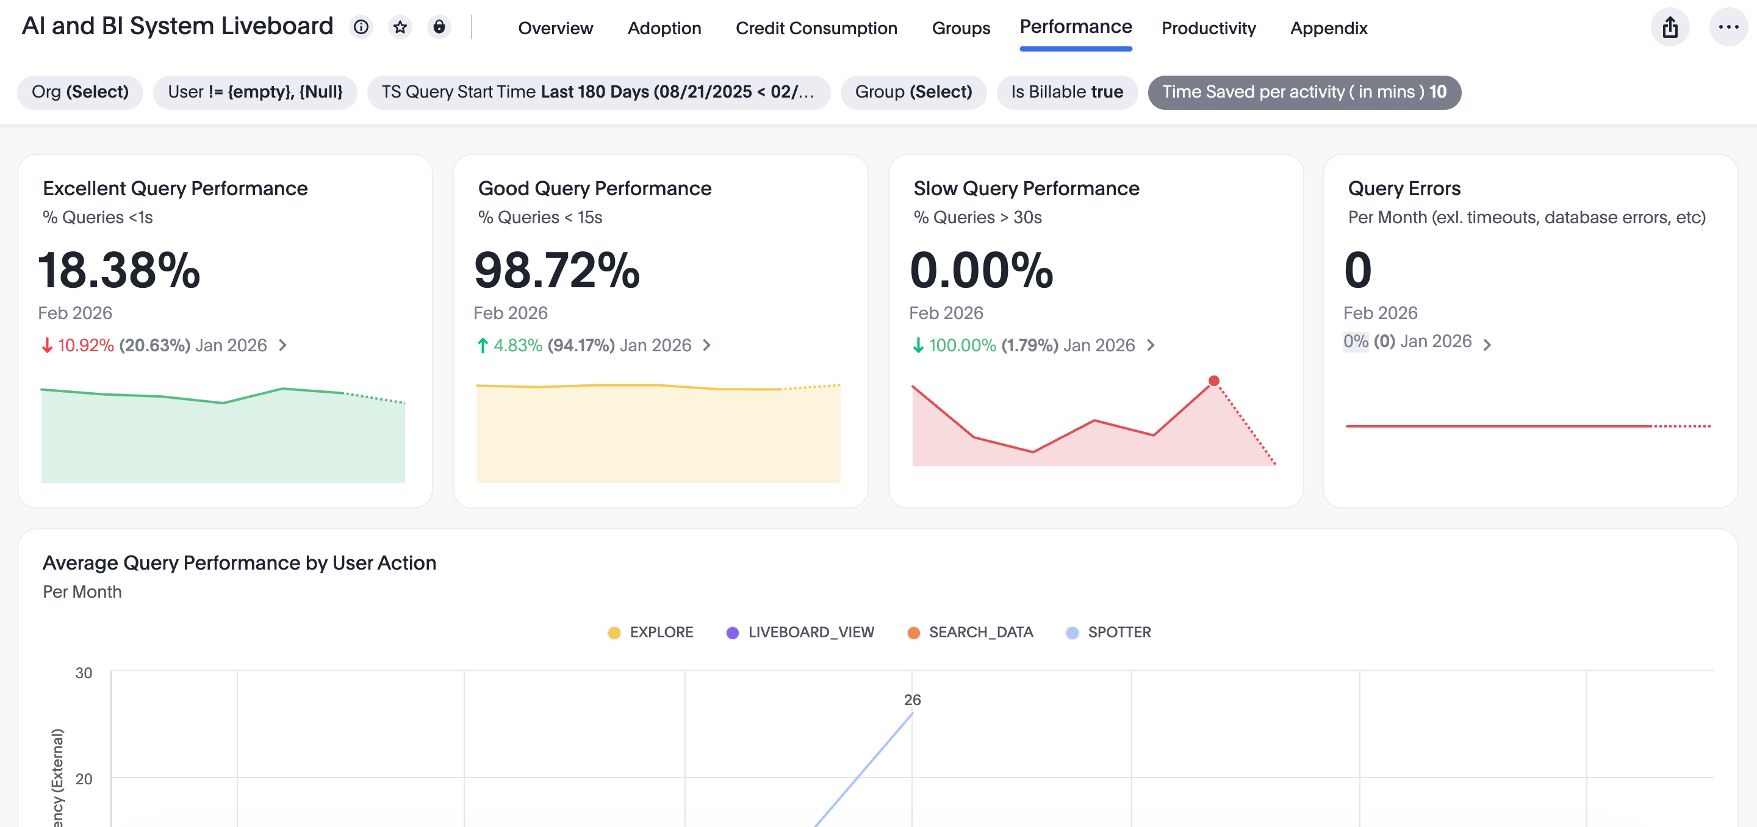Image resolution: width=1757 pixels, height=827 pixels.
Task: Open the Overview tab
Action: pos(555,28)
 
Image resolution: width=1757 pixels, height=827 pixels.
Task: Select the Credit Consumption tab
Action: pos(816,28)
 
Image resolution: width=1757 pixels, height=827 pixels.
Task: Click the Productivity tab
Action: pos(1208,28)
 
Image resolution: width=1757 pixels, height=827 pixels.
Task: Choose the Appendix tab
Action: pos(1328,28)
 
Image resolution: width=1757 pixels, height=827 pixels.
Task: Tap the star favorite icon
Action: pos(400,27)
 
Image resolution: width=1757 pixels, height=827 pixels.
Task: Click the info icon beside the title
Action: pos(361,27)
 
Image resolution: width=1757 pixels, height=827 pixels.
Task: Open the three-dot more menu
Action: pos(1728,27)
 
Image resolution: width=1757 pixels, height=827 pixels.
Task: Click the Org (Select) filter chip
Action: pos(80,92)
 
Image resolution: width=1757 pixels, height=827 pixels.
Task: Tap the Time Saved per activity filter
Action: pos(1304,92)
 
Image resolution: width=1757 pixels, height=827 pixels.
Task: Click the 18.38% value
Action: pos(120,270)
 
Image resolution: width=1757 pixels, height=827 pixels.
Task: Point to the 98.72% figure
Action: pos(556,270)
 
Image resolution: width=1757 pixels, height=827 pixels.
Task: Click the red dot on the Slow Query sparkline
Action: pos(1213,381)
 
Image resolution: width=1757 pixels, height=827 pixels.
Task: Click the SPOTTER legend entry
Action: pos(1108,632)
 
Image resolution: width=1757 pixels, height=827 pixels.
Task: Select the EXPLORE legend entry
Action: pos(651,632)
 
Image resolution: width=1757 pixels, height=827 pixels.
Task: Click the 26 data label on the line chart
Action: pos(912,700)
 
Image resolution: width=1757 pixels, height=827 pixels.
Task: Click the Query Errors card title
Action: pos(1404,188)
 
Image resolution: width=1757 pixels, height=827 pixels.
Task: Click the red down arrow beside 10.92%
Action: pos(47,346)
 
